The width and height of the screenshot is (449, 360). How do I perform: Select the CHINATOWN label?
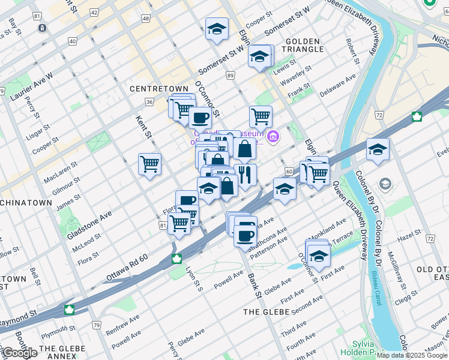click(x=26, y=203)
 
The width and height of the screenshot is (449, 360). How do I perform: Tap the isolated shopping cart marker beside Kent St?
click(x=149, y=164)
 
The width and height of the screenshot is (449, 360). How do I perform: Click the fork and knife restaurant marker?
click(x=245, y=175)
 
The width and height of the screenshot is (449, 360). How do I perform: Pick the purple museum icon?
click(x=274, y=137)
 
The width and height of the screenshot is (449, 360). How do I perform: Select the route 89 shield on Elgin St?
click(x=231, y=76)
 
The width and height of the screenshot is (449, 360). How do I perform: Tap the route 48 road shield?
click(x=146, y=19)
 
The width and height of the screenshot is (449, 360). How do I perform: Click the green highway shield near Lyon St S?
click(x=177, y=259)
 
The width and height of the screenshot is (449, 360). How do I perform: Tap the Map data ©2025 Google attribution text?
click(x=412, y=355)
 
